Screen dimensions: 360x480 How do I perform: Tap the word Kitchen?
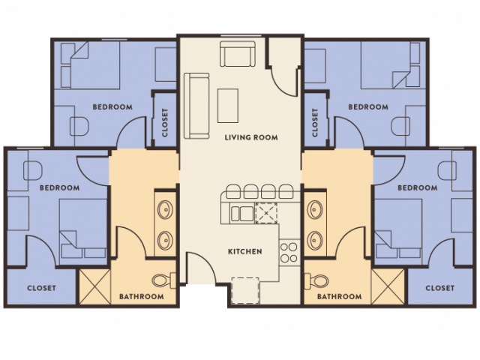245,251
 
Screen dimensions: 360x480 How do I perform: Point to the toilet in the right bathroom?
319,281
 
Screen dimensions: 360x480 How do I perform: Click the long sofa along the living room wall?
196,105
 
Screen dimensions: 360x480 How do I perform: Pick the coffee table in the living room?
228,105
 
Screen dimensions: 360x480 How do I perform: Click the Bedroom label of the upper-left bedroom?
112,107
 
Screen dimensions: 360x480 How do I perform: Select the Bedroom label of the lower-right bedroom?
418,187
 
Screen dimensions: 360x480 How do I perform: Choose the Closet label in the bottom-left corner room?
41,288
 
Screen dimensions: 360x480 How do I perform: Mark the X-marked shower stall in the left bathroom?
93,286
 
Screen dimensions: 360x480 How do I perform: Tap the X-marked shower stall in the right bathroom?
388,286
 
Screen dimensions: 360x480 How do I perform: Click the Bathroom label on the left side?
141,296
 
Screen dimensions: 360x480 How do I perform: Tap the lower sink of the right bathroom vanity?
314,241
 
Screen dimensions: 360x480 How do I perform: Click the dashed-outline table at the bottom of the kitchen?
244,290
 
